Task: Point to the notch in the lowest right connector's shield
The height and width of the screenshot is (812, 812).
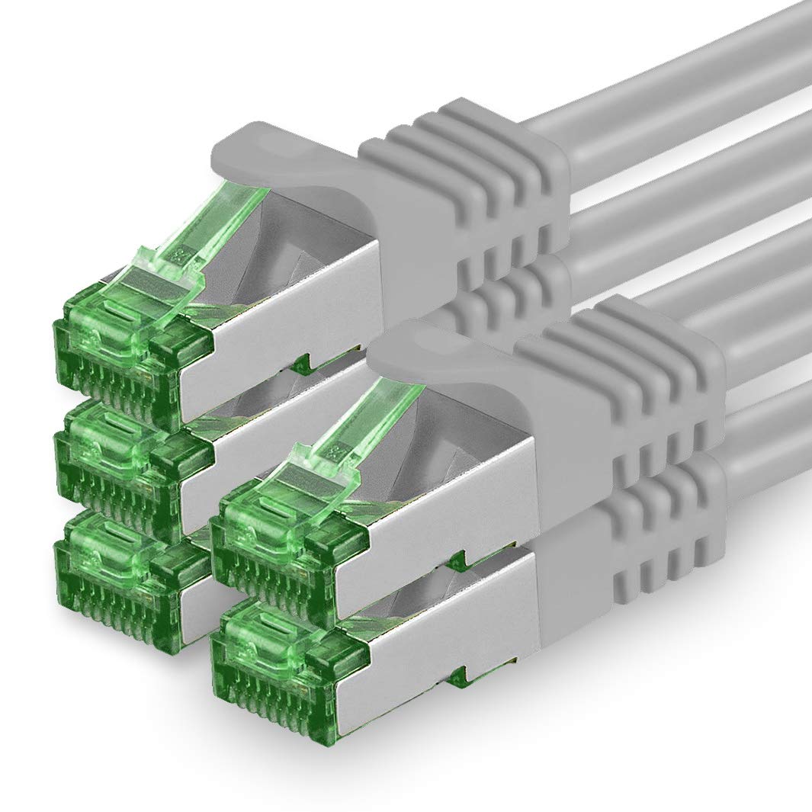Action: tap(457, 676)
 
